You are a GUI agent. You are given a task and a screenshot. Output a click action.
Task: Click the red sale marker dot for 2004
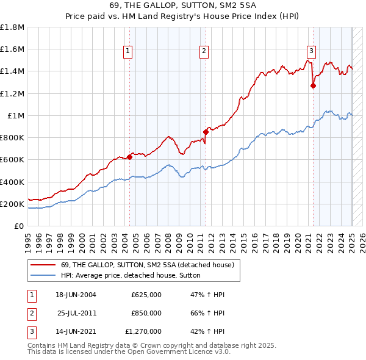pos(129,157)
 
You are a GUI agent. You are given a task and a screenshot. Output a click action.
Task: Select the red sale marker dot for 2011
pos(206,132)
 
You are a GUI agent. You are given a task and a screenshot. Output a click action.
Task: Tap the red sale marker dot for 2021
pos(313,85)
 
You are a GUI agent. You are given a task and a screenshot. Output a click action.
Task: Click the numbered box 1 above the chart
pos(128,51)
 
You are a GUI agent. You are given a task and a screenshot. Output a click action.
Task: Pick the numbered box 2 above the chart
pos(204,51)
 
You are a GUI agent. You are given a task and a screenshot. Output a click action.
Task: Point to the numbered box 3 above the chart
pos(311,51)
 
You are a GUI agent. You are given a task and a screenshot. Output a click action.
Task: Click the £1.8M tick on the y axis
pos(12,27)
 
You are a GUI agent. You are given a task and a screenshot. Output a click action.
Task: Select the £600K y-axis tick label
pos(12,160)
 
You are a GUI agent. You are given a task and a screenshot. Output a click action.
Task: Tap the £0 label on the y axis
pos(18,226)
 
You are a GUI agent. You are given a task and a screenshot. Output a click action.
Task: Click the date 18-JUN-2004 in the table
pos(76,295)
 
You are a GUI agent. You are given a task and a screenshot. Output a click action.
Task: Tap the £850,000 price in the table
pos(146,313)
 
